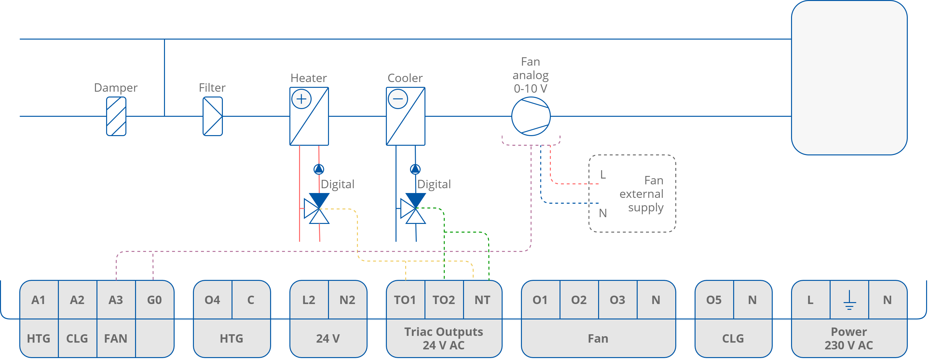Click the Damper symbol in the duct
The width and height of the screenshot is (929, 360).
tap(116, 116)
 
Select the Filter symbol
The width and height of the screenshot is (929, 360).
tap(213, 116)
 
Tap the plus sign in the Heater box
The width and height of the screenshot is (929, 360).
tap(301, 99)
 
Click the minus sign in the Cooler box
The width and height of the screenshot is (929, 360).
tap(398, 99)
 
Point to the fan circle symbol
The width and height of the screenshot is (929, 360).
tap(531, 116)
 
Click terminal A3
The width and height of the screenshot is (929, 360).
tap(116, 300)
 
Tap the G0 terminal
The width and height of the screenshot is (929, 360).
tap(154, 300)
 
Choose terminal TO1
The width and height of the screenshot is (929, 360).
tap(405, 300)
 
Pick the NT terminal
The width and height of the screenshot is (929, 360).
tap(482, 300)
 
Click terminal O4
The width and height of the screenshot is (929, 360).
tap(213, 300)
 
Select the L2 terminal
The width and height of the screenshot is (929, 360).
tap(309, 300)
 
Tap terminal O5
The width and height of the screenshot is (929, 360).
tap(714, 300)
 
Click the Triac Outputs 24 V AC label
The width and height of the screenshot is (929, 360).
tap(443, 338)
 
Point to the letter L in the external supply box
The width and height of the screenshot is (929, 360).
tap(603, 175)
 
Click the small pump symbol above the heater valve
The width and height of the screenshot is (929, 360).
tap(319, 169)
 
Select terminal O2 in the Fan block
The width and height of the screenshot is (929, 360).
tap(579, 300)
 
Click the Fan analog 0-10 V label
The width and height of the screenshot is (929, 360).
tap(531, 75)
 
